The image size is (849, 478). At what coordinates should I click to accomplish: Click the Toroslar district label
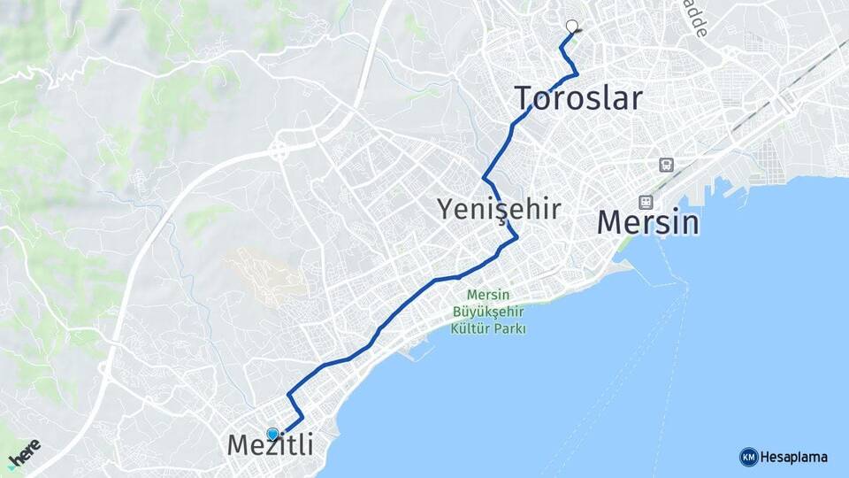[x=578, y=97]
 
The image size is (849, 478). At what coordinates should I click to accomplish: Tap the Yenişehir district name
[x=500, y=209]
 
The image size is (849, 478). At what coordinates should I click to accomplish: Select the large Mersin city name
[x=648, y=222]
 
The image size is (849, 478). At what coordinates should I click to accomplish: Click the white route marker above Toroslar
[x=572, y=27]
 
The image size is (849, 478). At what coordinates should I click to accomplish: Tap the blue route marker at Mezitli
[x=272, y=434]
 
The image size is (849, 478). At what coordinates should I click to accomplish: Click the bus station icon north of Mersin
[x=665, y=164]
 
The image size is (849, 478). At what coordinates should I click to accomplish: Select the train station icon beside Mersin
[x=646, y=202]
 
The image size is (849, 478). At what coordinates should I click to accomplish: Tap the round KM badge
[x=748, y=457]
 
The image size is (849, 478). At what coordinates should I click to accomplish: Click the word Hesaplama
[x=794, y=458]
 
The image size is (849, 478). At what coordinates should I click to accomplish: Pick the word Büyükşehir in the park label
[x=489, y=312]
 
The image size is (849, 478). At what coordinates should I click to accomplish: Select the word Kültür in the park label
[x=470, y=328]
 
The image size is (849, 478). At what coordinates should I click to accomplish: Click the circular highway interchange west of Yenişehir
[x=279, y=151]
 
